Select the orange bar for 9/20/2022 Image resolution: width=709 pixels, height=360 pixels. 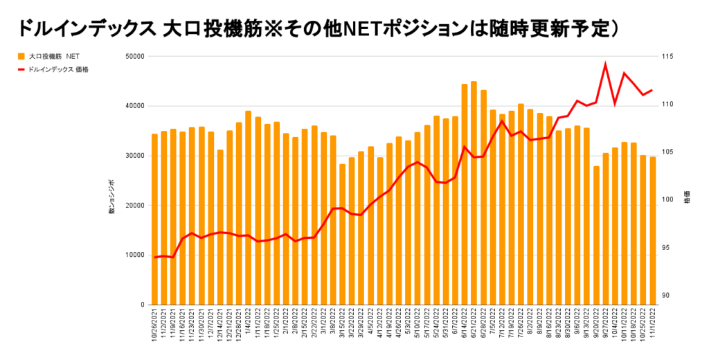(596, 235)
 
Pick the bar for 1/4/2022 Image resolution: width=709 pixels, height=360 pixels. (248, 208)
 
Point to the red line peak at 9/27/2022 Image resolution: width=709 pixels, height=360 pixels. (605, 64)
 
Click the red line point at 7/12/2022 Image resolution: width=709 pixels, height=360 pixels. (502, 121)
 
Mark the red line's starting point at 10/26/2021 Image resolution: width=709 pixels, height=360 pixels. (155, 257)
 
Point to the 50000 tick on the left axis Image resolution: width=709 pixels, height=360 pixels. (134, 57)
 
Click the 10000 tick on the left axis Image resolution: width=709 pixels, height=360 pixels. (134, 255)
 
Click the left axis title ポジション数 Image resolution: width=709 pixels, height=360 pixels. (111, 201)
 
